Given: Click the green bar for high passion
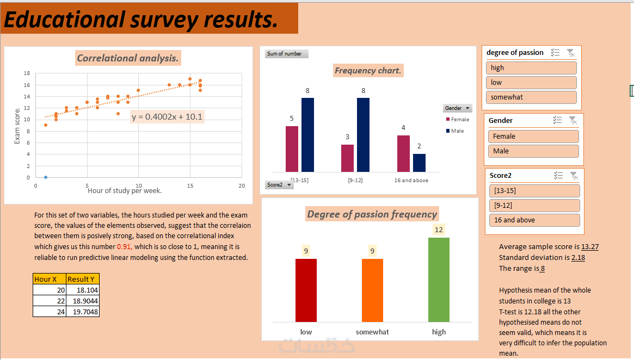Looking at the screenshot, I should pyautogui.click(x=439, y=280).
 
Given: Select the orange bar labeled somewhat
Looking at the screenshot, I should pyautogui.click(x=372, y=290).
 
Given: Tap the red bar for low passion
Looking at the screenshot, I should pyautogui.click(x=306, y=290).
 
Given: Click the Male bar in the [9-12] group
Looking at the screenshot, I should pyautogui.click(x=363, y=135).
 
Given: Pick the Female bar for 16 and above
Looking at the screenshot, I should pyautogui.click(x=403, y=153).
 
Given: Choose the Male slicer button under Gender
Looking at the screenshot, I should pyautogui.click(x=533, y=151).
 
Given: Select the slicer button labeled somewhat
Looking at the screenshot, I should pyautogui.click(x=531, y=97).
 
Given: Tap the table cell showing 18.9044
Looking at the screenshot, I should pyautogui.click(x=82, y=301).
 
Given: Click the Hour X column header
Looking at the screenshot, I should pyautogui.click(x=49, y=279).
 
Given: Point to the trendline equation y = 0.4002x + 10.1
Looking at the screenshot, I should pyautogui.click(x=168, y=116).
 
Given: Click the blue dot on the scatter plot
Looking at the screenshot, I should pyautogui.click(x=46, y=177).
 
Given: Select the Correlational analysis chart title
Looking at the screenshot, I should pyautogui.click(x=128, y=58).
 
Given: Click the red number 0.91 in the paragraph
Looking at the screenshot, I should pyautogui.click(x=124, y=246).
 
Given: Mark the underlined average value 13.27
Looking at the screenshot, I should pyautogui.click(x=590, y=247).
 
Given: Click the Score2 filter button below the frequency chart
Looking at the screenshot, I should pyautogui.click(x=279, y=185).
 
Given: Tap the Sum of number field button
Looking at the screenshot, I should pyautogui.click(x=287, y=54).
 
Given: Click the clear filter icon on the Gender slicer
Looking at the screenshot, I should pyautogui.click(x=572, y=121).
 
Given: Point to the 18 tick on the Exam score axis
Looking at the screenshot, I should pyautogui.click(x=27, y=73).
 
